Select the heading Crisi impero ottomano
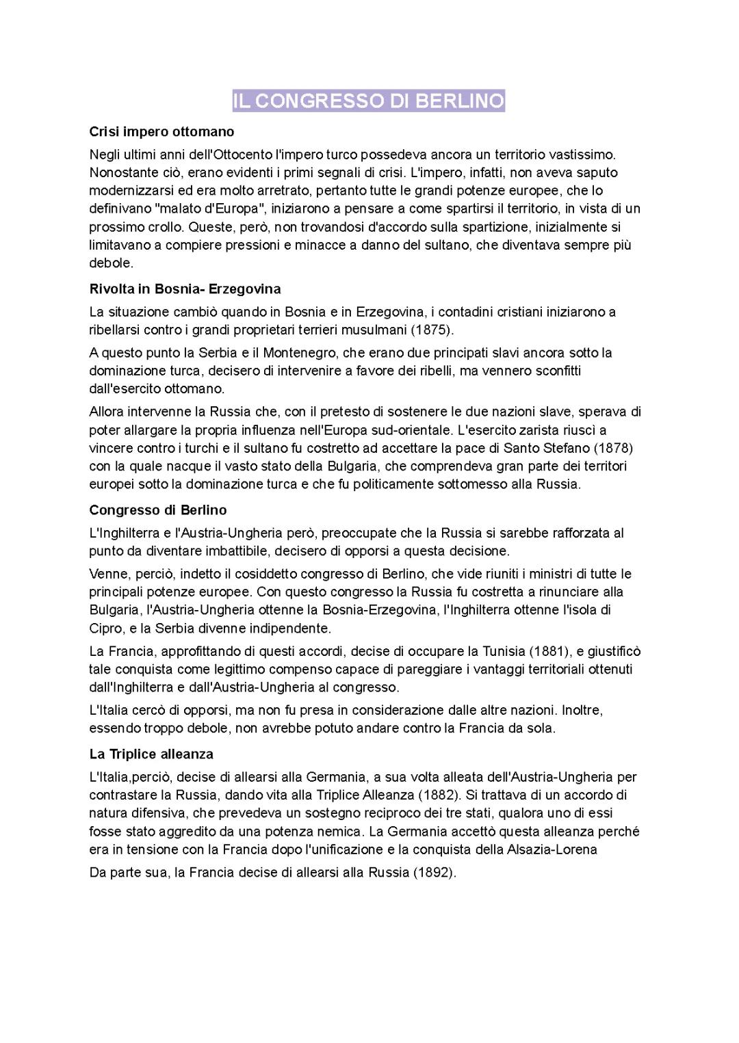point(161,131)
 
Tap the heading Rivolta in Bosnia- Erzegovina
point(185,289)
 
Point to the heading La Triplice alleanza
point(151,754)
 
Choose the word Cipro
point(105,628)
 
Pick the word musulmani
point(376,330)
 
